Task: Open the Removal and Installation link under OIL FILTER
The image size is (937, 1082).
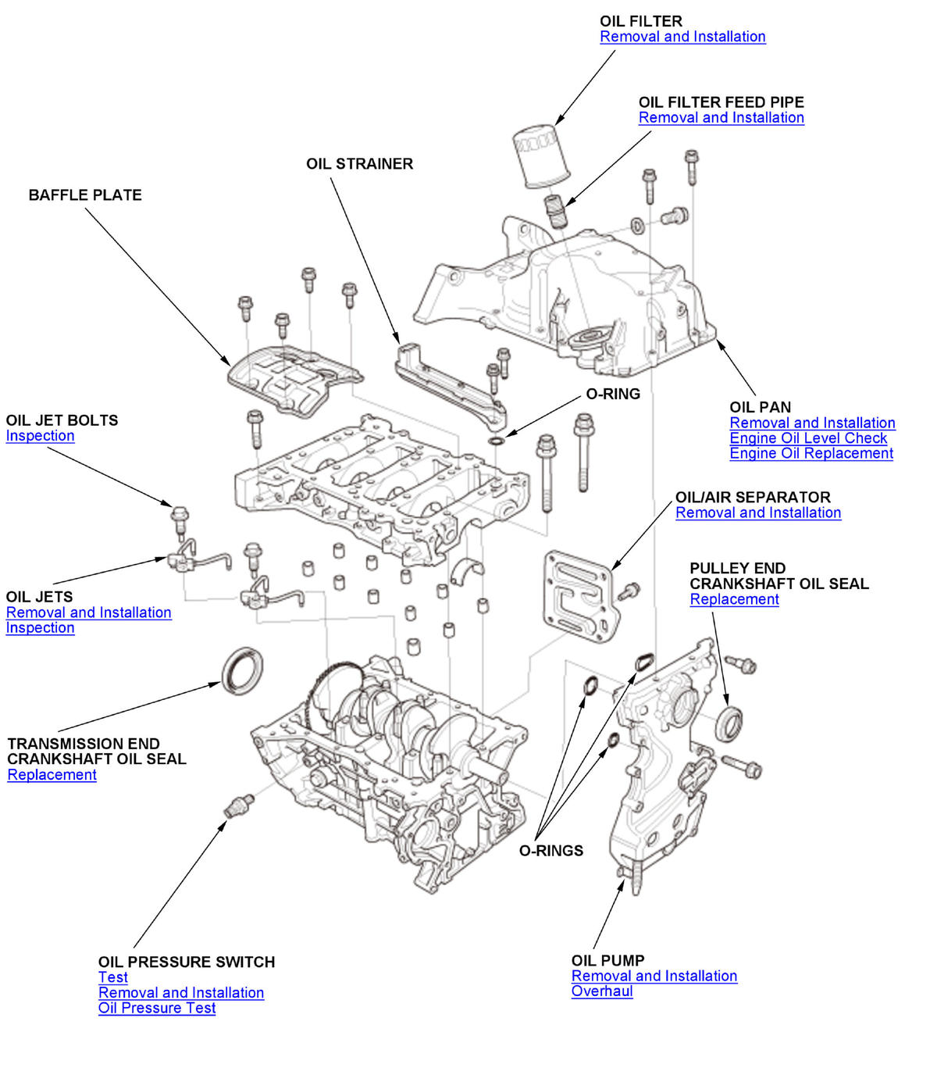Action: point(682,37)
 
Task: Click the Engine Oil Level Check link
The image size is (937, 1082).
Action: point(808,438)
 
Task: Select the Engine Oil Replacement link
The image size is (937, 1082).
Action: point(811,453)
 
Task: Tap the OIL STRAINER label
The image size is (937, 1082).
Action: point(359,164)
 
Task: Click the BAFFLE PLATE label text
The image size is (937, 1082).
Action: point(85,195)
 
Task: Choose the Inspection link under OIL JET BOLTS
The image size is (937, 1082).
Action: point(40,436)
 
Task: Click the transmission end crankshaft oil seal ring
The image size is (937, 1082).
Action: point(242,670)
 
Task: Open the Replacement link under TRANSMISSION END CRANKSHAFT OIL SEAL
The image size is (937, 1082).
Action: point(52,775)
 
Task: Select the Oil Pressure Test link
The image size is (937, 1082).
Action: point(157,1008)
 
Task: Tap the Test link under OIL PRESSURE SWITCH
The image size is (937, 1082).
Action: point(113,977)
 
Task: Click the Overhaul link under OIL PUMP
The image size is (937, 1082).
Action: point(602,991)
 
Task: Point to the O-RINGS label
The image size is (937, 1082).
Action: point(551,851)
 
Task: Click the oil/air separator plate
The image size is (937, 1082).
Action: point(581,596)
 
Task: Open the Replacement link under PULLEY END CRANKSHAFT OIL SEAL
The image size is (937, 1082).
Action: point(734,599)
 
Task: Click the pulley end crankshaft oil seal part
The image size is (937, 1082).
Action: point(729,723)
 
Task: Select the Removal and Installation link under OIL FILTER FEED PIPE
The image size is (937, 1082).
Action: point(721,118)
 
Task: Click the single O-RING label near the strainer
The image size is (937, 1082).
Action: point(613,395)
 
